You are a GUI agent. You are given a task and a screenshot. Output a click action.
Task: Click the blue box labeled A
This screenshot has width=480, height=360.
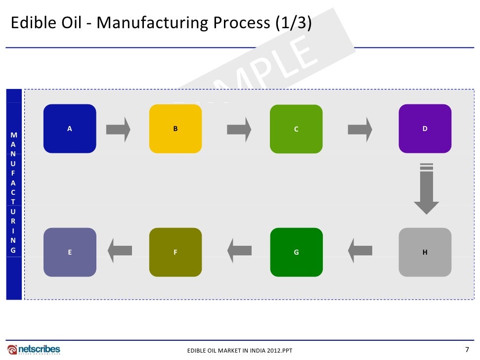[x=70, y=129]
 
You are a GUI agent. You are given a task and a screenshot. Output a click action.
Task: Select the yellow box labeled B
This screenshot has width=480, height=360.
[x=175, y=129]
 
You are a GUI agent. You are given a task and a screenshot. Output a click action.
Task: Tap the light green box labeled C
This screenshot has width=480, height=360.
[x=296, y=129]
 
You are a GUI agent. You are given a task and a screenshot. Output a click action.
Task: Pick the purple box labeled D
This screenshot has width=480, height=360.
[x=425, y=129]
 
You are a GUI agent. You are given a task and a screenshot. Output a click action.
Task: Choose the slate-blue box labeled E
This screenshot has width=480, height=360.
[x=70, y=252]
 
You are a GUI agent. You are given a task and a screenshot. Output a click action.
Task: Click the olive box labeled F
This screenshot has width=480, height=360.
[x=175, y=252]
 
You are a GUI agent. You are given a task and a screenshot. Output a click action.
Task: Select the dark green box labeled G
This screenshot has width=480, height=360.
[x=296, y=252]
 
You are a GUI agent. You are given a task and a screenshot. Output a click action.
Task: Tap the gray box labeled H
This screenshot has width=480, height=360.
[x=425, y=252]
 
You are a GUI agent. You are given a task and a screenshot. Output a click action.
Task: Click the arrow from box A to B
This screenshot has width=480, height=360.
[x=118, y=130]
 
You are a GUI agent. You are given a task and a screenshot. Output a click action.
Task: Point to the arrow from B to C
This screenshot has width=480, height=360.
[x=239, y=130]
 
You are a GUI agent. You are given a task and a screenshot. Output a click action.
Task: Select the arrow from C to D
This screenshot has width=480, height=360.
[x=360, y=130]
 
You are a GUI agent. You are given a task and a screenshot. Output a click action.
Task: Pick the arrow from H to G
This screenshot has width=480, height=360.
[x=360, y=251]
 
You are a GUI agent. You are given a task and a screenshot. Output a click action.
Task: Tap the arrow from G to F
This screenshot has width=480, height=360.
[x=239, y=251]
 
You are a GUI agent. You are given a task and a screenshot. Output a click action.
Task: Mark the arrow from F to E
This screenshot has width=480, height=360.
[x=120, y=251]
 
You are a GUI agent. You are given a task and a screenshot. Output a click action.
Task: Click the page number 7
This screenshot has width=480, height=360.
[x=467, y=349]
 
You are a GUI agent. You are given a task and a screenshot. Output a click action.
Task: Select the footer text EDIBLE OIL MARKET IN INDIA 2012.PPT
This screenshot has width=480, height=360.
[x=240, y=351]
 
